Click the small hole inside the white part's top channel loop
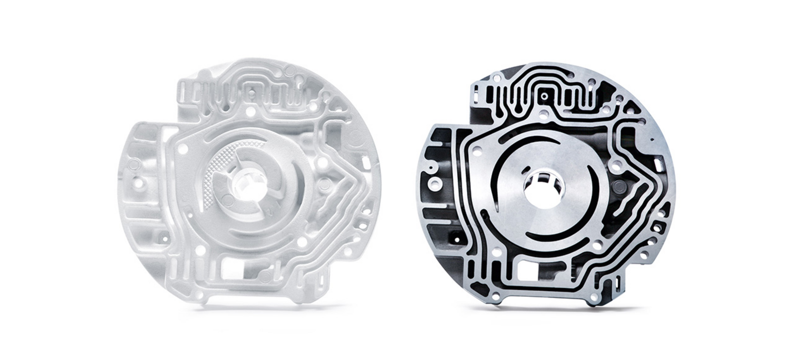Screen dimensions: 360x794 [252, 93]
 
